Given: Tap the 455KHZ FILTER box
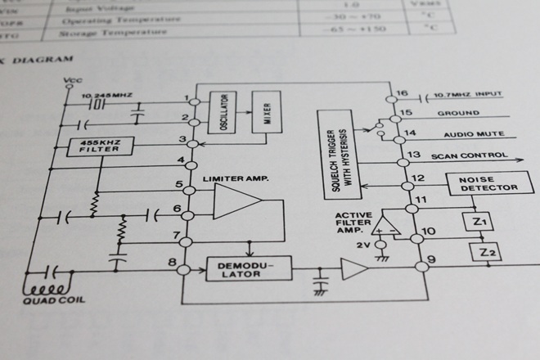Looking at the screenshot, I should [x=97, y=146].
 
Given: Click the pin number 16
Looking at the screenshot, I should [x=401, y=92].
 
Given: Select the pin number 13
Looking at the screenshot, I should [x=413, y=155].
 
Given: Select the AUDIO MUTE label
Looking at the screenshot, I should [x=473, y=133].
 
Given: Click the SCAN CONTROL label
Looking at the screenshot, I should [x=477, y=155].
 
